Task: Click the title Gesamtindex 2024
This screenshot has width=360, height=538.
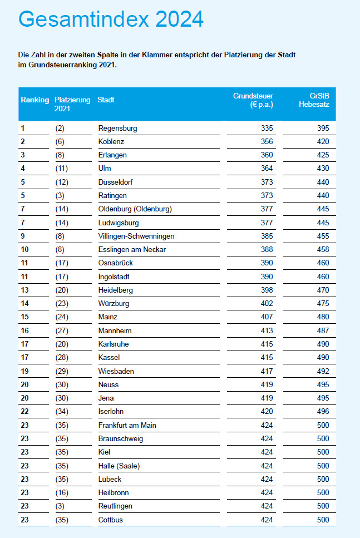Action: pyautogui.click(x=111, y=19)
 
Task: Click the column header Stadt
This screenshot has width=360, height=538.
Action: pyautogui.click(x=106, y=100)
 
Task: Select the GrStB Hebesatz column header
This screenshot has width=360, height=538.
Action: pyautogui.click(x=314, y=100)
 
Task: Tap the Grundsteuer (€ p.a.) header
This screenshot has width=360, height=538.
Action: pyautogui.click(x=253, y=100)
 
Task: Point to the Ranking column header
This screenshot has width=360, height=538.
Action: pyautogui.click(x=35, y=100)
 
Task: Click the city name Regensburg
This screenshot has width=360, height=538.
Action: pyautogui.click(x=118, y=129)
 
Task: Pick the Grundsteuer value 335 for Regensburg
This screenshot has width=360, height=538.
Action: pyautogui.click(x=267, y=129)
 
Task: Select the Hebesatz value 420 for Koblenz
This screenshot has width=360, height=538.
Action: pyautogui.click(x=323, y=142)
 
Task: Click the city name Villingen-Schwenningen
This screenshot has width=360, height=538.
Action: pyautogui.click(x=136, y=236)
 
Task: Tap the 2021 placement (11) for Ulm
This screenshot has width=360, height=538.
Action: pyautogui.click(x=62, y=169)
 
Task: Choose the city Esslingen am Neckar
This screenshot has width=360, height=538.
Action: pyautogui.click(x=132, y=250)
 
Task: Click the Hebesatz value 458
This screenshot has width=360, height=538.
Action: pyautogui.click(x=323, y=250)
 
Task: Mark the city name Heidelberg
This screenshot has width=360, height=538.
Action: pyautogui.click(x=116, y=290)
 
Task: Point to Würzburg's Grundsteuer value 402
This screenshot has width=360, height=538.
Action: pyautogui.click(x=267, y=304)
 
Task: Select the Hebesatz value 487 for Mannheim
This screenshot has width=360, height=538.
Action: pyautogui.click(x=323, y=331)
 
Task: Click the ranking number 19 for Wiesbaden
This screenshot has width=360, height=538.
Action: pyautogui.click(x=24, y=371)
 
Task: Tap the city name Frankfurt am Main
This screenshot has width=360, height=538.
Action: pyautogui.click(x=127, y=426)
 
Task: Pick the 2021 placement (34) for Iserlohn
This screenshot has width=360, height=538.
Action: pyautogui.click(x=62, y=412)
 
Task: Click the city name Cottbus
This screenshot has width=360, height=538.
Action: pyautogui.click(x=111, y=520)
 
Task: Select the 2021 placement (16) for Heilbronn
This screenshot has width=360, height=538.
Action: pyautogui.click(x=62, y=493)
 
